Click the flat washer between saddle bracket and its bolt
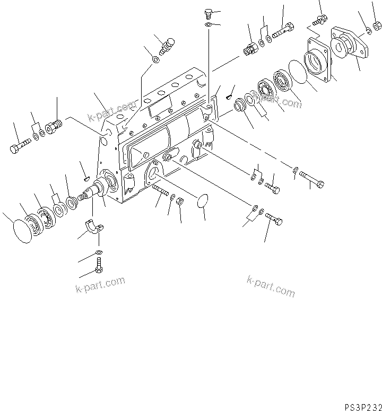[x=99, y=251]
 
